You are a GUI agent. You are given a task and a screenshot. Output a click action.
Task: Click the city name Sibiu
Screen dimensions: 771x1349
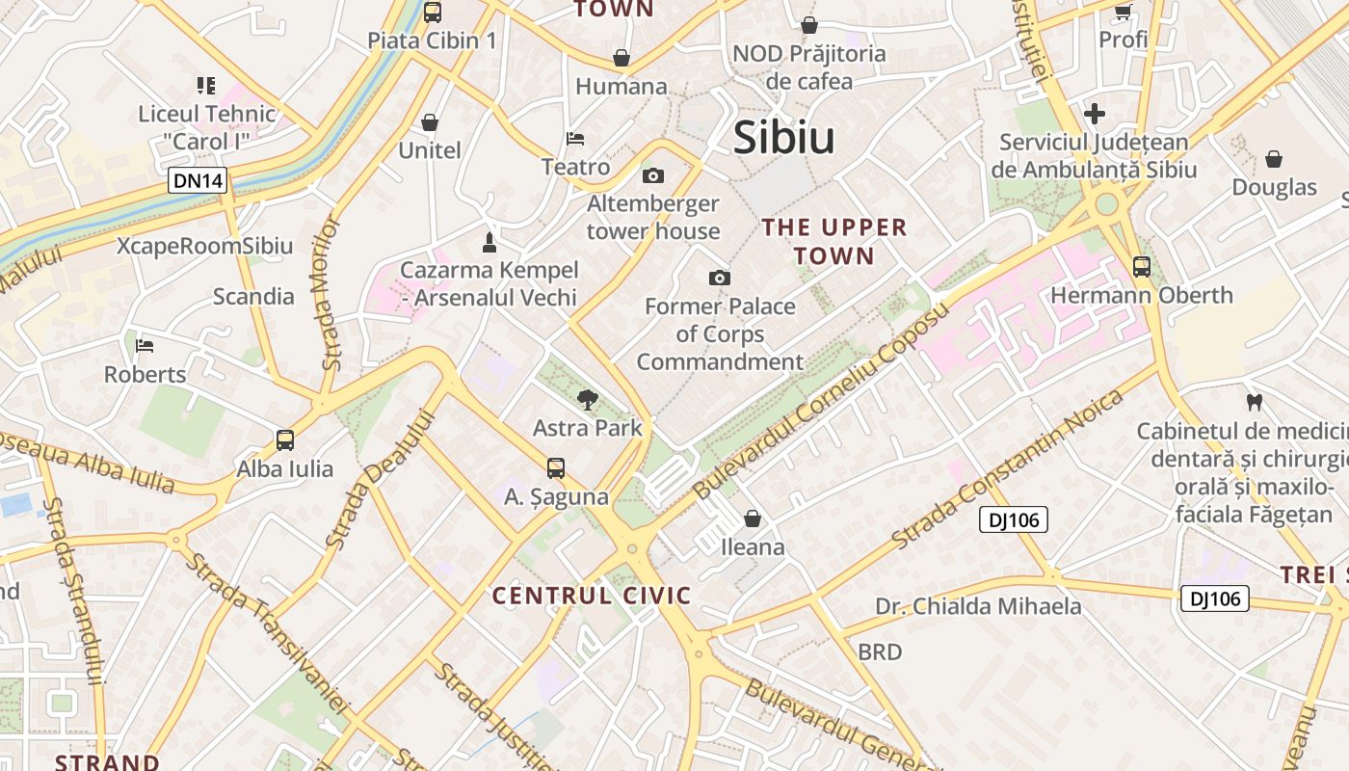coord(783,138)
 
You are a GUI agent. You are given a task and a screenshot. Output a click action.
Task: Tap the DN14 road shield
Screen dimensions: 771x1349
coord(197,179)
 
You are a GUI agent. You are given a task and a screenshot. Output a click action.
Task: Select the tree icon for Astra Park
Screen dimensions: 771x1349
coord(587,399)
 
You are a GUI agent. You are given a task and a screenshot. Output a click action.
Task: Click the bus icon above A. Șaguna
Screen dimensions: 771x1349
coord(556,468)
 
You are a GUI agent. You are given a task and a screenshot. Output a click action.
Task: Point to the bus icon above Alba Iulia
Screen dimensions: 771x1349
coord(285,440)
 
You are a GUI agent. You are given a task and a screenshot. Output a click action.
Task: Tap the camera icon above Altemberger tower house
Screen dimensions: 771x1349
coord(653,175)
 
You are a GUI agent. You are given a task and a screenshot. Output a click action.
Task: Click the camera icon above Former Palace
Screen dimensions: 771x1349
coord(719,279)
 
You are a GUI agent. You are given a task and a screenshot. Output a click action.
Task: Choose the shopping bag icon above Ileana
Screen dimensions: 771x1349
coord(753,518)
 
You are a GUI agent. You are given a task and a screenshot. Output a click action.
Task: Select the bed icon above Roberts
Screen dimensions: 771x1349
coord(145,346)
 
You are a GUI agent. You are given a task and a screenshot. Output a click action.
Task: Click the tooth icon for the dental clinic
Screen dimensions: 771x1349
coord(1254,402)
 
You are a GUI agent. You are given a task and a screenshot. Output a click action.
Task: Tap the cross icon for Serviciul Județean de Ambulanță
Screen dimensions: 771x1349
coord(1094,114)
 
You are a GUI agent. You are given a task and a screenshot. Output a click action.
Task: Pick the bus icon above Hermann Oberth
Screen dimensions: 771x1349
coord(1141,267)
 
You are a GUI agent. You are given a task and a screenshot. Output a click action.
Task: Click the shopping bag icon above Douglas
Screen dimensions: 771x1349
coord(1274,159)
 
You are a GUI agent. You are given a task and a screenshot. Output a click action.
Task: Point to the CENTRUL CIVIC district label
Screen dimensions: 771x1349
coord(592,596)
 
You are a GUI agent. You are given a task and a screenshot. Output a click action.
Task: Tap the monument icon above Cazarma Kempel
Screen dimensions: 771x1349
coord(489,241)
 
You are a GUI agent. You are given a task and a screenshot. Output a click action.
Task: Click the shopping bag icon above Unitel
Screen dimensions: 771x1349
coord(430,122)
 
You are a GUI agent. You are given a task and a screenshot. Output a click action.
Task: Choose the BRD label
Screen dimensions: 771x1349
coord(880,652)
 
